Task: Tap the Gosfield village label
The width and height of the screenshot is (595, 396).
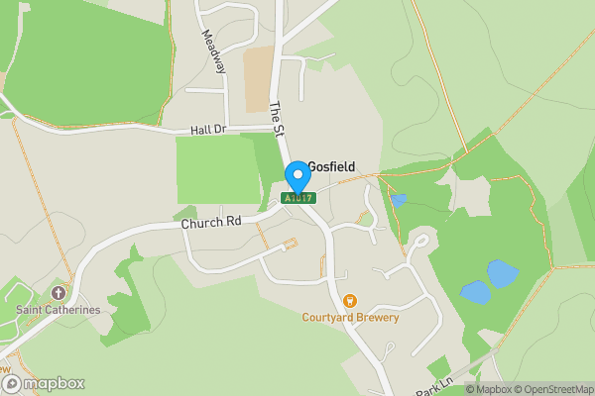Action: coord(331,167)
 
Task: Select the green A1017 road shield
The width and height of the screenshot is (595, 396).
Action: coord(297,198)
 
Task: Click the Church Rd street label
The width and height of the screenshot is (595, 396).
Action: coord(211,224)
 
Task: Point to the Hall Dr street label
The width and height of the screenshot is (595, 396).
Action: coord(208,130)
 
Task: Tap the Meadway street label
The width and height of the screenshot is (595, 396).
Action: coord(213,50)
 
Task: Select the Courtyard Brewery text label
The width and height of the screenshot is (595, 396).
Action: coord(350,318)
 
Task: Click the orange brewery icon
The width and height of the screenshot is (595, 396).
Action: coord(349,301)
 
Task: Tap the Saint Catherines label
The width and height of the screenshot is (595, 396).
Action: coord(58,310)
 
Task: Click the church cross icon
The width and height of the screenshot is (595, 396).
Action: coord(58,294)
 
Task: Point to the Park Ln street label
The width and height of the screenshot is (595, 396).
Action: coord(434,387)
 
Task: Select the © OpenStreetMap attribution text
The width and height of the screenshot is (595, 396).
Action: coord(553,389)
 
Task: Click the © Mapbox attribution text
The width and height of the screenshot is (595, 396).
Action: coord(488,389)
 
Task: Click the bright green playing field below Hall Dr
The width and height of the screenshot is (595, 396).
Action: coord(215,169)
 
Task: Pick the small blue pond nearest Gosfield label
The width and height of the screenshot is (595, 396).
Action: coord(398,201)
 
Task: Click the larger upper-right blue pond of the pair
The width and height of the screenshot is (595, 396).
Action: coord(502,273)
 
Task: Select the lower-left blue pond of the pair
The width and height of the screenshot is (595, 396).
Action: coord(475,292)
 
